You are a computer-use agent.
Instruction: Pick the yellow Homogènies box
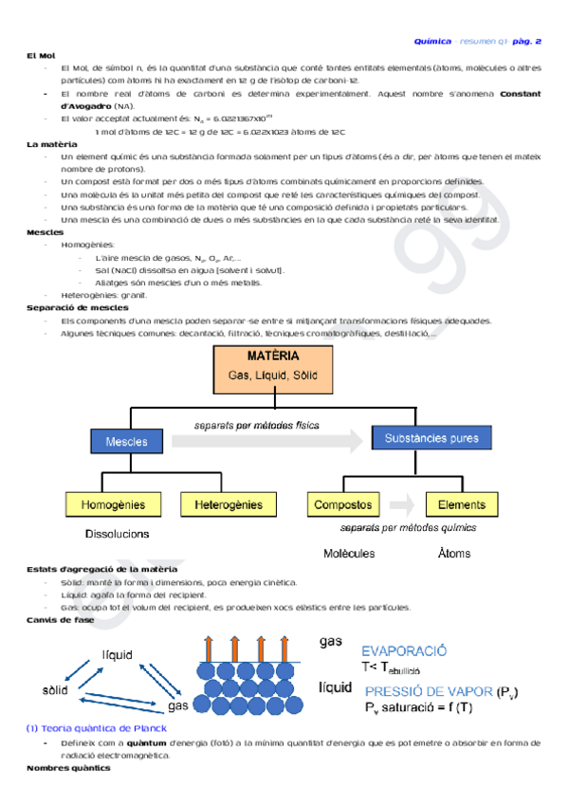pos(113,504)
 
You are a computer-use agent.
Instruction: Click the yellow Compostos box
pos(342,504)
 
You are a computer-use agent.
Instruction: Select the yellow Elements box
pos(462,504)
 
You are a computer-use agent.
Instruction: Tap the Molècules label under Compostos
pos(348,553)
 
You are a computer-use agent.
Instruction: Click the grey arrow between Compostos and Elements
pos(402,504)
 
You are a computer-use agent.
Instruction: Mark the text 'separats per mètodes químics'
pos(407,528)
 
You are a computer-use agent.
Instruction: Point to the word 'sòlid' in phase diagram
pos(55,689)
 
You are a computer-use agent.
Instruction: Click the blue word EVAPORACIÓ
pos(403,651)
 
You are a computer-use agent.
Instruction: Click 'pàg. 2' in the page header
pos(523,42)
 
